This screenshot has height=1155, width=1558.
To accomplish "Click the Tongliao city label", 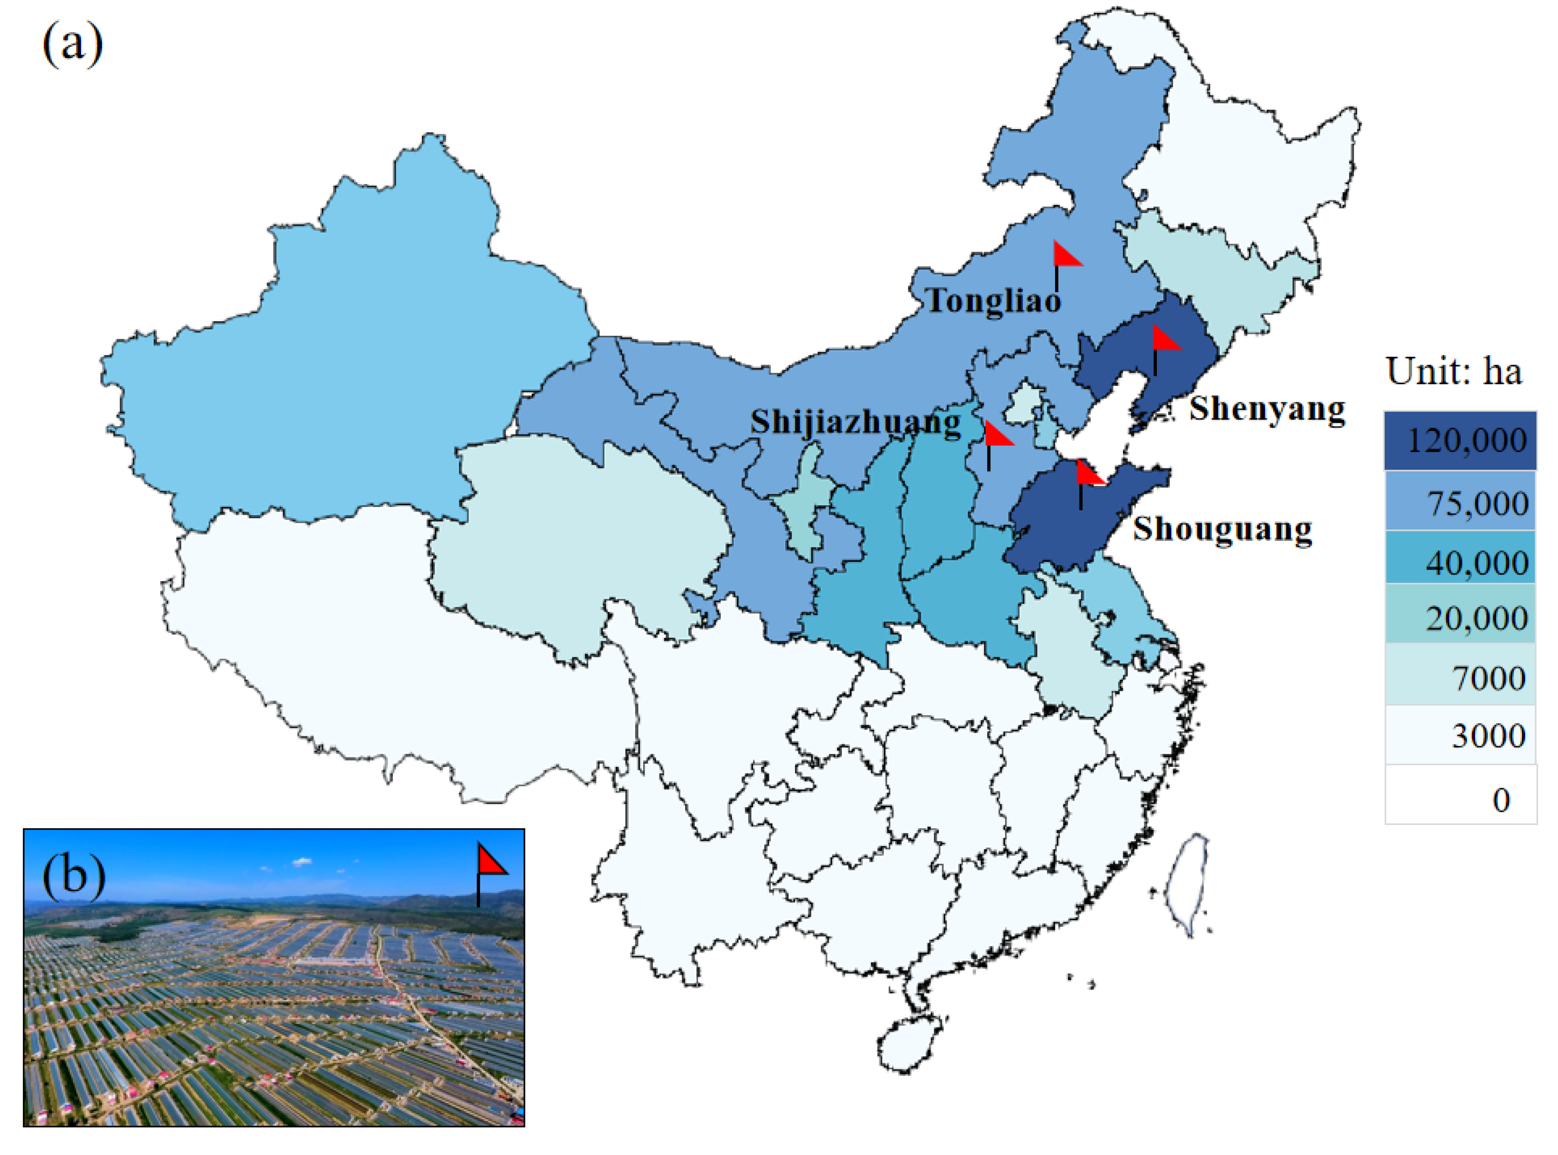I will [x=994, y=301].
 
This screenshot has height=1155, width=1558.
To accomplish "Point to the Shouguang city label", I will [x=1222, y=529].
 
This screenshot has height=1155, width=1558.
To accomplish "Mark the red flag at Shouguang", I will [x=1089, y=475].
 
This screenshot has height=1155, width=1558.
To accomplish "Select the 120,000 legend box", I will [x=1460, y=440].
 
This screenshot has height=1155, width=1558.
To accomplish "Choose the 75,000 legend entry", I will [x=1460, y=501].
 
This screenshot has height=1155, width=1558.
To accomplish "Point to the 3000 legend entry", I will [x=1460, y=735].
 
